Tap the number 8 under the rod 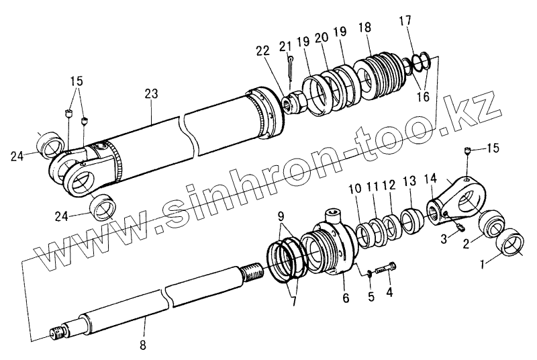(x=142, y=345)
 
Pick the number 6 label (x=346, y=298)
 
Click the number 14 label (x=431, y=179)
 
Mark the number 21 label (x=285, y=46)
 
